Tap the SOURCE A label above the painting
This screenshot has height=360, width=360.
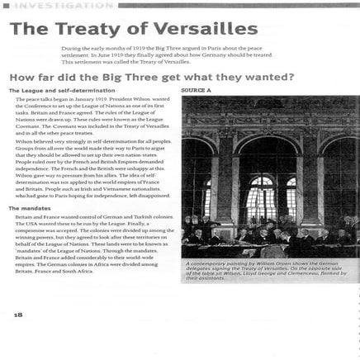197,90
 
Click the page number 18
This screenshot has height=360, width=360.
18,314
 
